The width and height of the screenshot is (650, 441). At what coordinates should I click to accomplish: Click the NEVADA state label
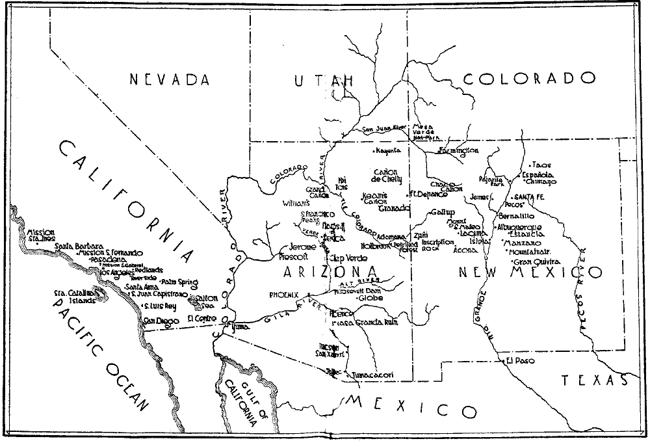tap(170, 80)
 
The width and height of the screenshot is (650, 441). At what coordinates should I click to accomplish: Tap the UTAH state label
tap(324, 80)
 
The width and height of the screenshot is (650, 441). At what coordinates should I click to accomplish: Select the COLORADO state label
tap(529, 79)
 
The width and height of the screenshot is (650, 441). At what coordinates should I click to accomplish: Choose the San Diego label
tap(160, 321)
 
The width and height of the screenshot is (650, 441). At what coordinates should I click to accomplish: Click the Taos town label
tap(541, 165)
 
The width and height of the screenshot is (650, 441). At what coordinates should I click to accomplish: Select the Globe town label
tap(371, 298)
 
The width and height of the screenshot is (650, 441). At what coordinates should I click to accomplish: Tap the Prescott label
tap(292, 256)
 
